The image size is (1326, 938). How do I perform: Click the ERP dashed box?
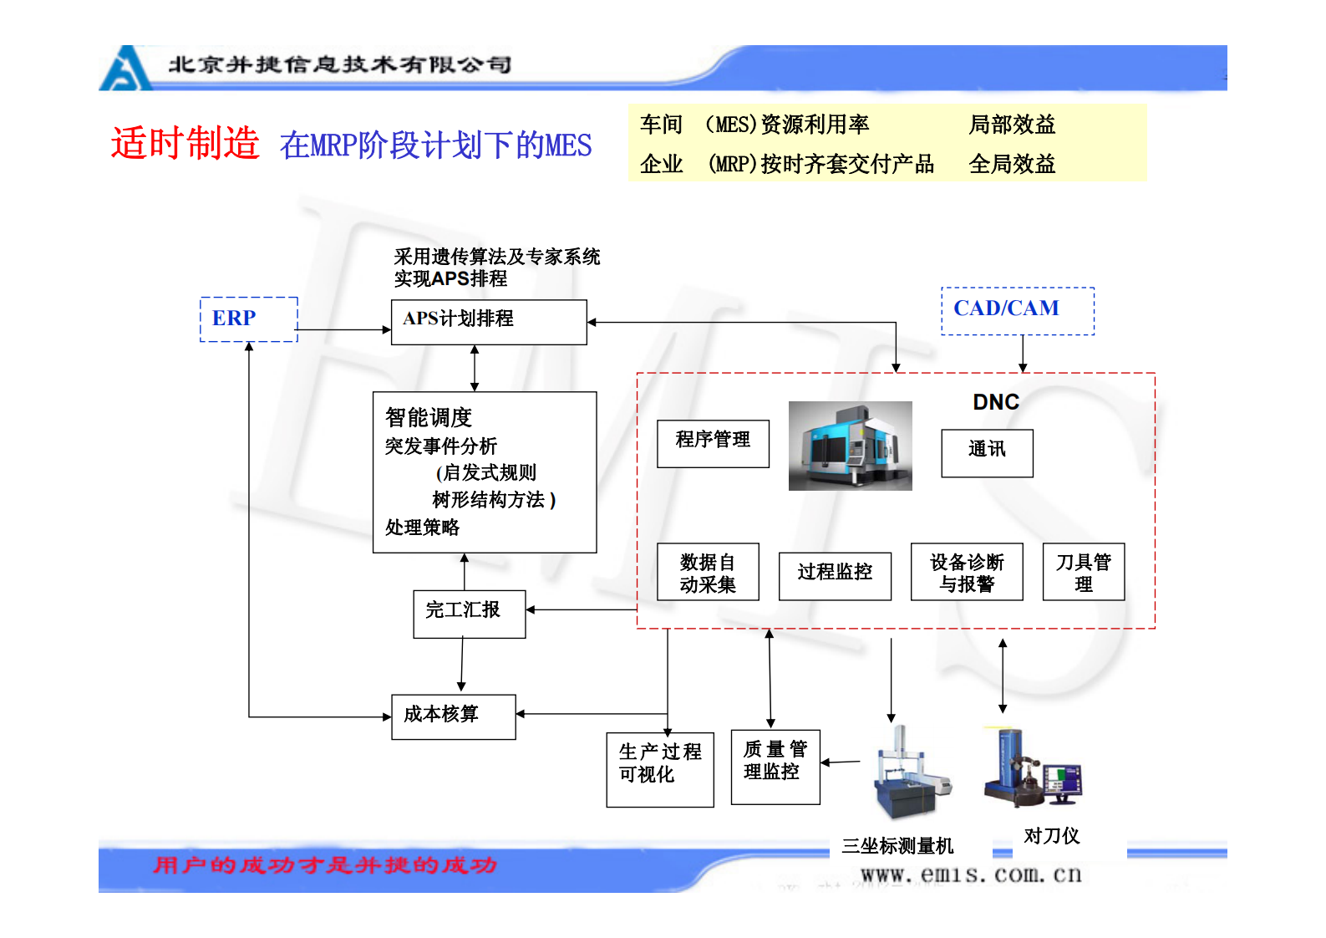coord(248,319)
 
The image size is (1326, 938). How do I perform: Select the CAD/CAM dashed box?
coord(1017,311)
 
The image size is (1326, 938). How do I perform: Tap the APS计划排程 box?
coord(489,322)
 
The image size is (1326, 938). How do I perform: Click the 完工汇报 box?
coord(469,614)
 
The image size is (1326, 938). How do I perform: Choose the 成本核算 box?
coord(453,716)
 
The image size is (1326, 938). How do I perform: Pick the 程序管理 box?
coord(713,443)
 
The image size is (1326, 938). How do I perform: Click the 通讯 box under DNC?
coord(987,453)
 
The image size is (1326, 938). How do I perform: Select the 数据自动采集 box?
coord(708,573)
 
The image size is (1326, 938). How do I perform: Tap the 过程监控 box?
coord(834,575)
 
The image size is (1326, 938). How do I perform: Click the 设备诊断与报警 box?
coord(966,573)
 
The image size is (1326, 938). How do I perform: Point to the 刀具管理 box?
coord(1083,573)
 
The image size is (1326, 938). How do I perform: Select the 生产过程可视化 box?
coord(659,769)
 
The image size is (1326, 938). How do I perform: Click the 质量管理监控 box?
coord(775,767)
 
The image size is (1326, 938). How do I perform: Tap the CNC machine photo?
coord(850,446)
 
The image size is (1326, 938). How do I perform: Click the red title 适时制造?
coord(185,143)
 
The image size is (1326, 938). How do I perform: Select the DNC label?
coord(995,402)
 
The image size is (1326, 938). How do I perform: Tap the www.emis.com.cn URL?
coord(971,874)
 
